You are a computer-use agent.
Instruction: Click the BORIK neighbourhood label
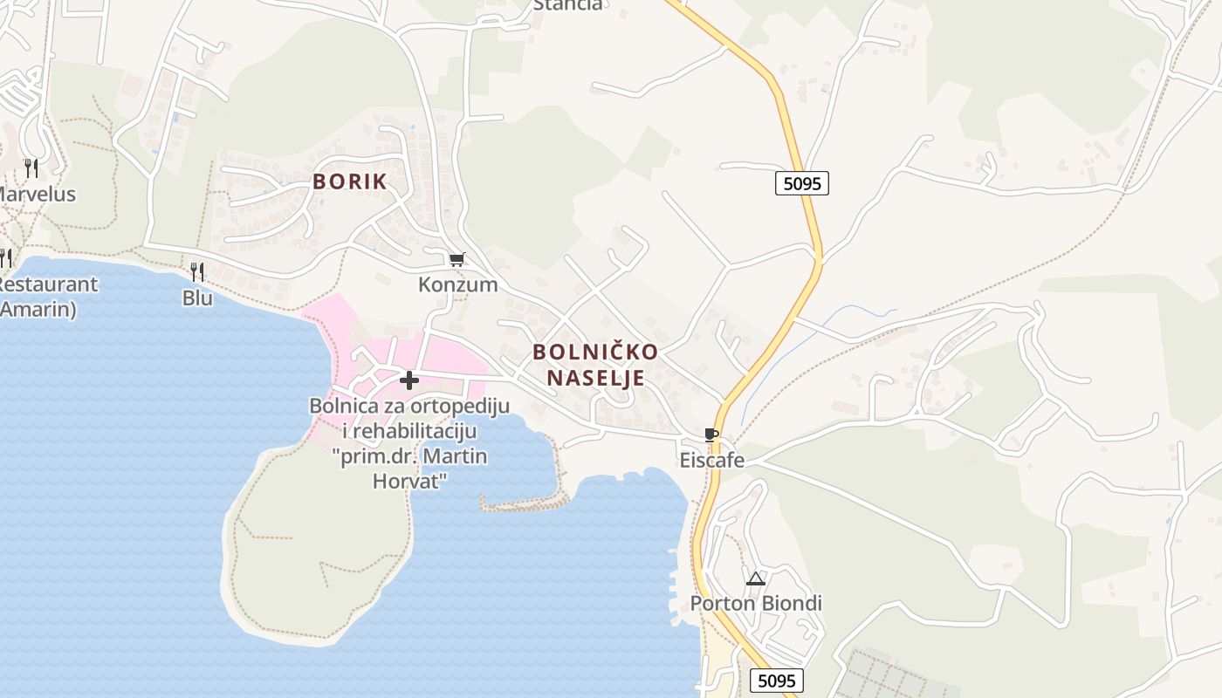[x=349, y=182]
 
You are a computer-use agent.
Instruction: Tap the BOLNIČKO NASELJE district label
[x=595, y=365]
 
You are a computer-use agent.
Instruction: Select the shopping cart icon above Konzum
[x=457, y=259]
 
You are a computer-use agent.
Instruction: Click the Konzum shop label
[x=457, y=284]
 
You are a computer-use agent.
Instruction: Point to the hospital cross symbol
[x=408, y=380]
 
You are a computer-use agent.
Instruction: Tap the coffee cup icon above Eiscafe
[x=711, y=435]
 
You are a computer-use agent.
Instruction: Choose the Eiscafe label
[x=711, y=460]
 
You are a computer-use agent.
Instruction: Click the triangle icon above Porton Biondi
[x=755, y=578]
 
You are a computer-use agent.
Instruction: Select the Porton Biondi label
[x=756, y=604]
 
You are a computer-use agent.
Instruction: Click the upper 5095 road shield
[x=800, y=183]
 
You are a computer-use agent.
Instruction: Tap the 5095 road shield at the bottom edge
[x=776, y=681]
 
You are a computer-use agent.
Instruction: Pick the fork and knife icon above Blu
[x=197, y=272]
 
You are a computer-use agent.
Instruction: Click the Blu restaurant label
[x=197, y=298]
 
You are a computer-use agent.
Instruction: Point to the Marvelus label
[x=37, y=194]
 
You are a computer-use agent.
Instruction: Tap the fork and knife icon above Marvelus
[x=31, y=168]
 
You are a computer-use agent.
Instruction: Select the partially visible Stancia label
[x=567, y=5]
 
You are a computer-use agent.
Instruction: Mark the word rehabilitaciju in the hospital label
[x=417, y=431]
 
